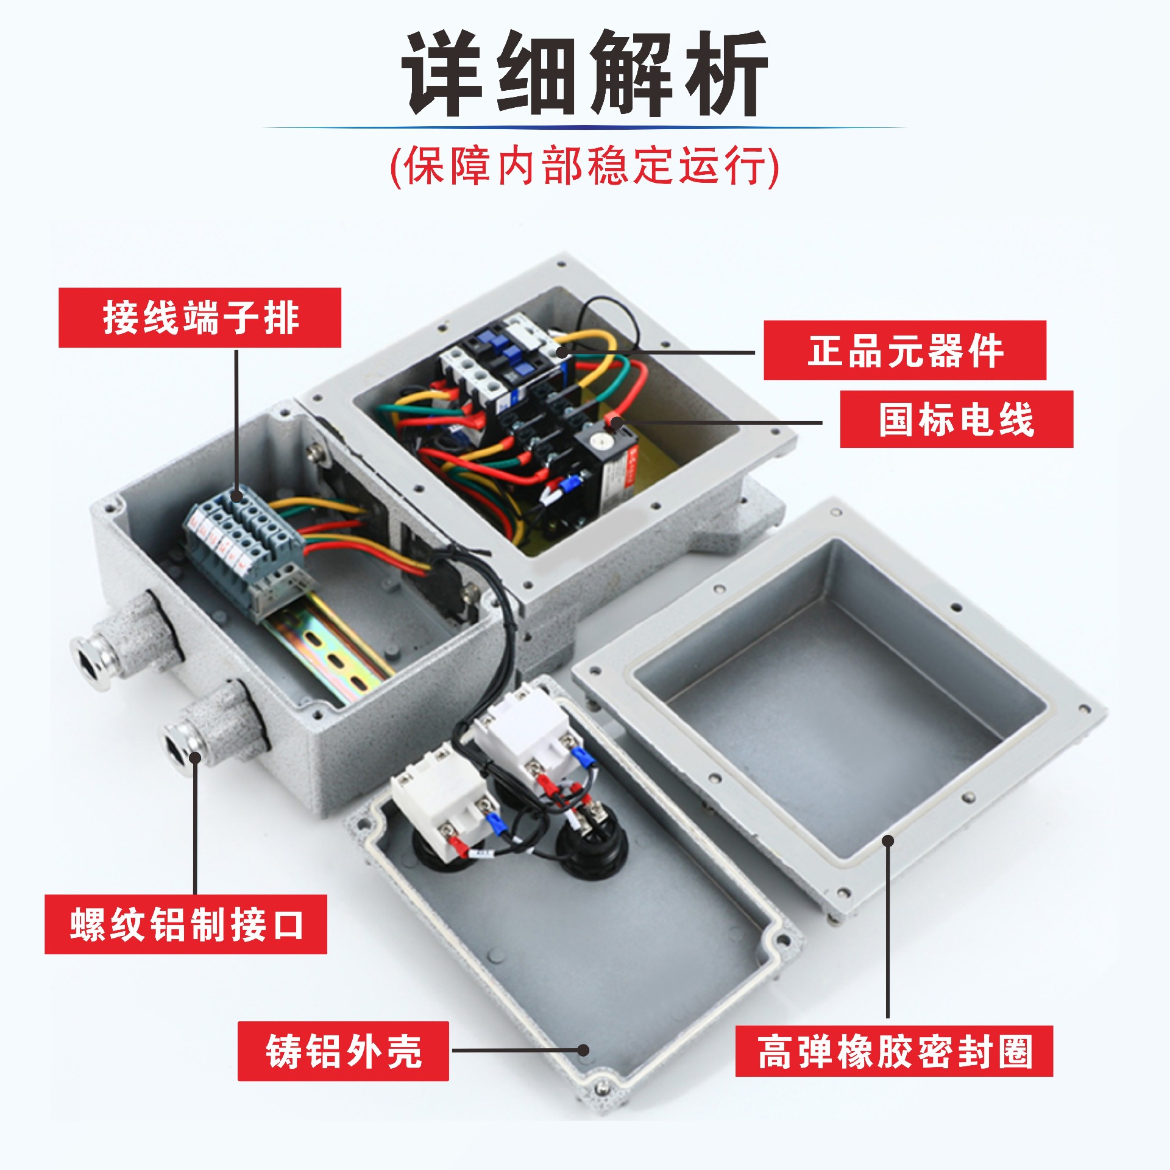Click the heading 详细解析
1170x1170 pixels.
tap(584, 74)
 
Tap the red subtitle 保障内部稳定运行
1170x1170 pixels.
tap(584, 166)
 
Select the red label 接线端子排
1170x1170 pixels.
tap(200, 317)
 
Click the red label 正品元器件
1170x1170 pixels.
tap(905, 350)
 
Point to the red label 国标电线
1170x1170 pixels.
tap(957, 419)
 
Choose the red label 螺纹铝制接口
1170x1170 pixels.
tap(186, 924)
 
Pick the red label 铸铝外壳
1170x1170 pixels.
tap(343, 1051)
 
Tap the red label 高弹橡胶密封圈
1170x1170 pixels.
tap(894, 1051)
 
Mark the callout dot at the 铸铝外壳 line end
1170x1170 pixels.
tap(583, 1050)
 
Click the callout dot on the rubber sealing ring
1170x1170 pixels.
tap(888, 841)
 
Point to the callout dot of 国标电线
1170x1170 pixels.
tap(617, 422)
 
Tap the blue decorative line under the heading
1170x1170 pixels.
tap(584, 127)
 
